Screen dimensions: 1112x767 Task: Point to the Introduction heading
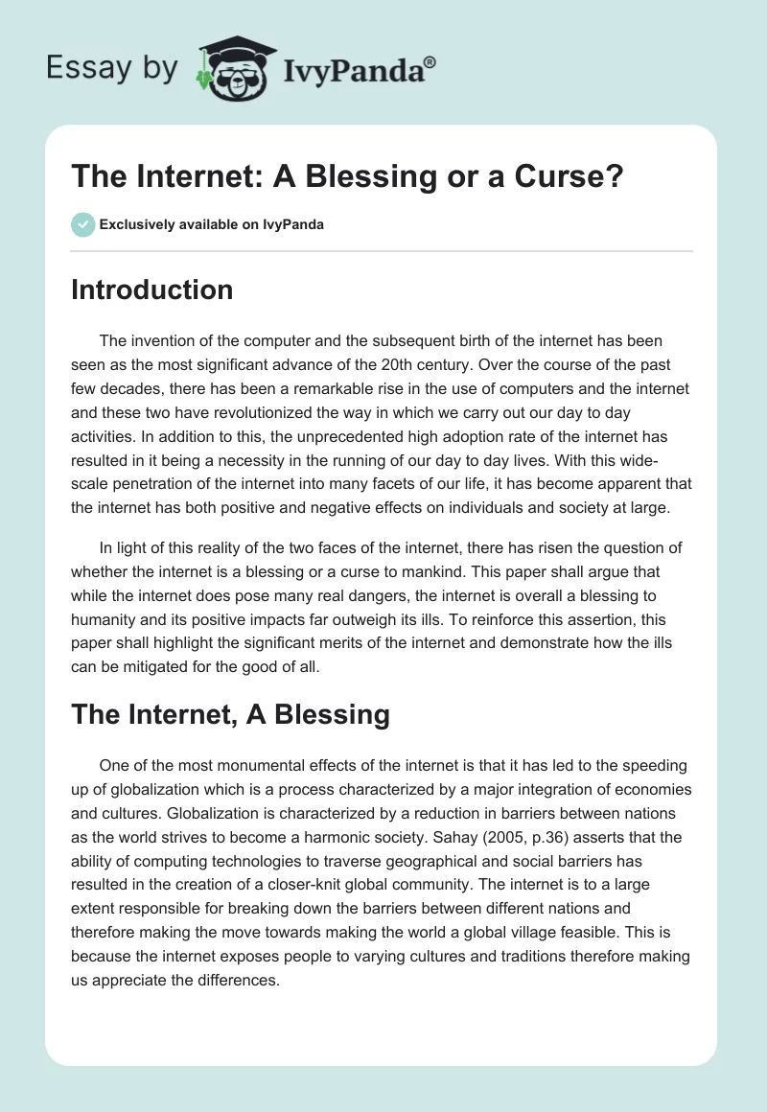151,290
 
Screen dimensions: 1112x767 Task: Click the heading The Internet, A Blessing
230,714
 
